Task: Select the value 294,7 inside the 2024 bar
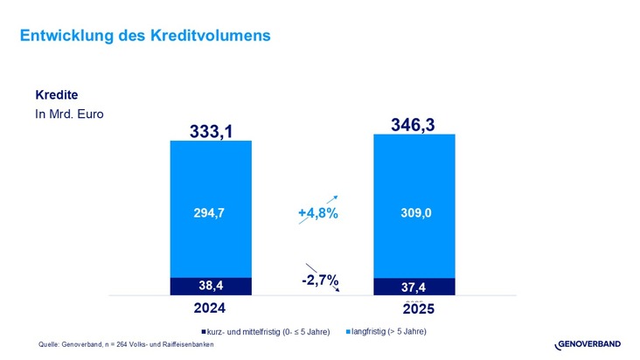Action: tap(211, 211)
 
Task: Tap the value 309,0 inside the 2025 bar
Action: tap(414, 211)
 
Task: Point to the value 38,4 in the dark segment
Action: tap(211, 286)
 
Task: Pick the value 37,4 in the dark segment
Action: tap(414, 287)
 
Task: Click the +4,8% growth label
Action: tap(317, 214)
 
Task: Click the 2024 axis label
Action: tap(210, 308)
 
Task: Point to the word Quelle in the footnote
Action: tap(50, 344)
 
